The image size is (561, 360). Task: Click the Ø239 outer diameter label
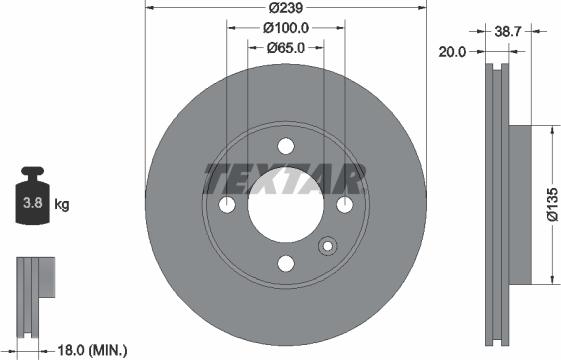[x=286, y=10]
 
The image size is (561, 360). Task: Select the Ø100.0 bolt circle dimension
[x=286, y=28]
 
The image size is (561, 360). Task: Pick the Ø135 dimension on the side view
[x=551, y=204]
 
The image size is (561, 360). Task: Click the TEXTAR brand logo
[x=284, y=180]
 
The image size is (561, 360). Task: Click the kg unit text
[x=62, y=205]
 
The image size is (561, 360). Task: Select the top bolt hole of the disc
[x=286, y=145]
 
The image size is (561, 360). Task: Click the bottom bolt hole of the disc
[x=286, y=263]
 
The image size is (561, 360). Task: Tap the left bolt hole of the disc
[x=227, y=204]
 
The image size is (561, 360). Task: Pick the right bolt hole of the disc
[x=345, y=204]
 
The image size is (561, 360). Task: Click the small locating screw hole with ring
[x=327, y=248]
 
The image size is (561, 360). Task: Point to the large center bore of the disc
[x=286, y=204]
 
